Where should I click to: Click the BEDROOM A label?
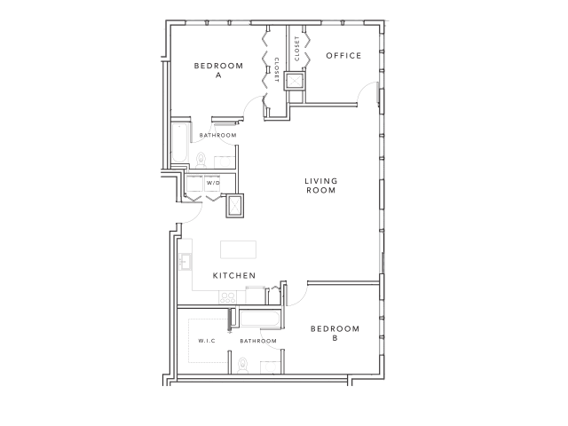pyautogui.click(x=217, y=70)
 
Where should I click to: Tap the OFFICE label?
pyautogui.click(x=343, y=56)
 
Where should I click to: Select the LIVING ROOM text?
pyautogui.click(x=320, y=185)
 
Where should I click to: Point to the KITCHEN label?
pyautogui.click(x=234, y=276)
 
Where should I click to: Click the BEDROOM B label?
pyautogui.click(x=335, y=332)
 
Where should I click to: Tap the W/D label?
pyautogui.click(x=211, y=180)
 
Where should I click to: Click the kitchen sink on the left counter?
pyautogui.click(x=185, y=261)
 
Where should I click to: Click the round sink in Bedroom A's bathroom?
pyautogui.click(x=225, y=162)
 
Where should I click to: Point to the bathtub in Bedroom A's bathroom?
pyautogui.click(x=178, y=146)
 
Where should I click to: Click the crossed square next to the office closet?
pyautogui.click(x=296, y=81)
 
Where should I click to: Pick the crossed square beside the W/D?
pyautogui.click(x=235, y=205)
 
